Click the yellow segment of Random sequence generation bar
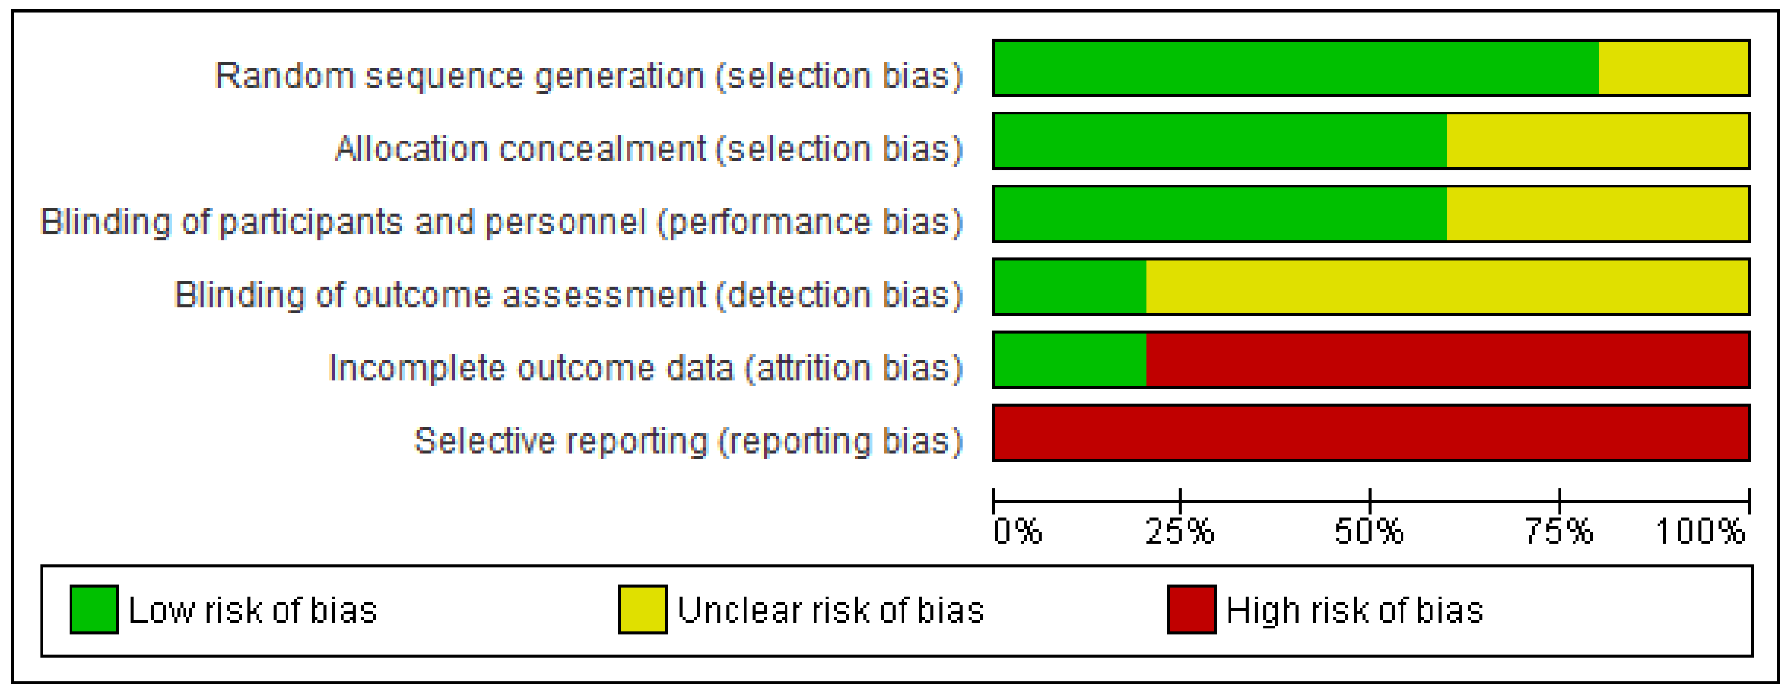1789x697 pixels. pos(1673,68)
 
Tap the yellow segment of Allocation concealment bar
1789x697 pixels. pos(1597,141)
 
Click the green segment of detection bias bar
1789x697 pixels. pos(1070,287)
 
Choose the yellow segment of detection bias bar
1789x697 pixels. pos(1447,287)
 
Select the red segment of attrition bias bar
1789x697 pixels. pos(1447,359)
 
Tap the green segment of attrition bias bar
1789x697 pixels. pos(1070,359)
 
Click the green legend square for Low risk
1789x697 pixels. pos(94,610)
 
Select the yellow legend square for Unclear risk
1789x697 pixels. pos(643,610)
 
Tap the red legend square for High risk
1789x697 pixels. pos(1191,610)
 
